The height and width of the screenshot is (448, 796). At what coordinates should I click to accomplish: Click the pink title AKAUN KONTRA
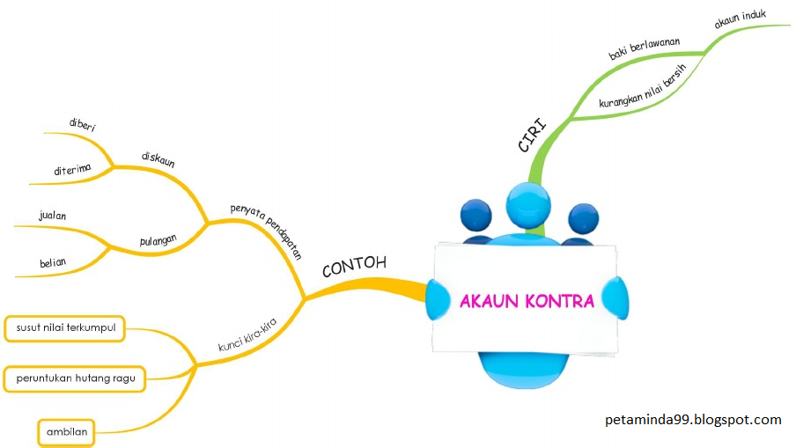click(x=527, y=301)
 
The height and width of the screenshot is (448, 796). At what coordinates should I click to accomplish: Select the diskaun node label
click(x=158, y=158)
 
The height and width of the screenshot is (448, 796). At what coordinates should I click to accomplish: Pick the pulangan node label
click(x=158, y=239)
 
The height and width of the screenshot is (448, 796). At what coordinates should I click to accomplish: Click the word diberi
click(x=82, y=125)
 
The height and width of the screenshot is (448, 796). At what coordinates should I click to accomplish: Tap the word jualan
click(x=53, y=215)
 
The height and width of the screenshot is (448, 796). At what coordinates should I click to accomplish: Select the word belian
click(x=53, y=261)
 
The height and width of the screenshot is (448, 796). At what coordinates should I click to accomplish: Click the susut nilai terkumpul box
click(x=66, y=328)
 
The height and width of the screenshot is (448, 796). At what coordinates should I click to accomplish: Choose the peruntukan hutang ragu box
click(x=75, y=379)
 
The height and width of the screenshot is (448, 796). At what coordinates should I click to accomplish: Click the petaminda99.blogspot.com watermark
click(x=694, y=420)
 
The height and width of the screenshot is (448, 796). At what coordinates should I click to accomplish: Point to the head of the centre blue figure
click(x=528, y=205)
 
